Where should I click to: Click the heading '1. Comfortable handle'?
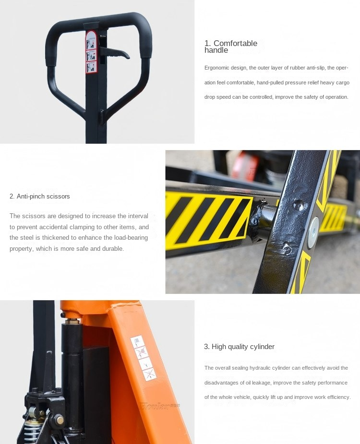(230, 47)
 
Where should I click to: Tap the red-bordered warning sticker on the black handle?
(91, 52)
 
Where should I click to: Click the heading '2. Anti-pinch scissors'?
(40, 196)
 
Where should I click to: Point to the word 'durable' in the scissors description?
(113, 248)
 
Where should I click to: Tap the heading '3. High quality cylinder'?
(239, 347)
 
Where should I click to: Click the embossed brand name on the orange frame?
(160, 406)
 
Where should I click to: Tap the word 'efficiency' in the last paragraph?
(338, 397)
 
